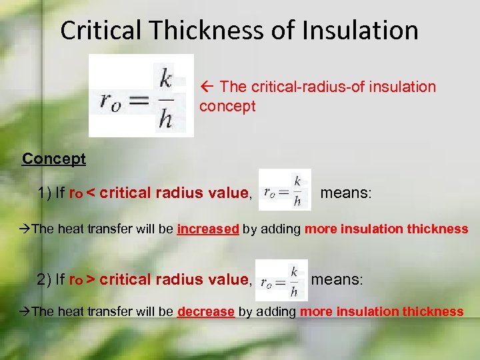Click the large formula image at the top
141,96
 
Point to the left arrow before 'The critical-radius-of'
207,87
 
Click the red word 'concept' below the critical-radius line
227,107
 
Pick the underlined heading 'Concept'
54,159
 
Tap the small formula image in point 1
285,191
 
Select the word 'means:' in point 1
347,193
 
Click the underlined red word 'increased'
208,229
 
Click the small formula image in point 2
281,280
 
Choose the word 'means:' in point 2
337,279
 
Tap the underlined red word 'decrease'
206,311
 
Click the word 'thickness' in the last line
434,311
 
